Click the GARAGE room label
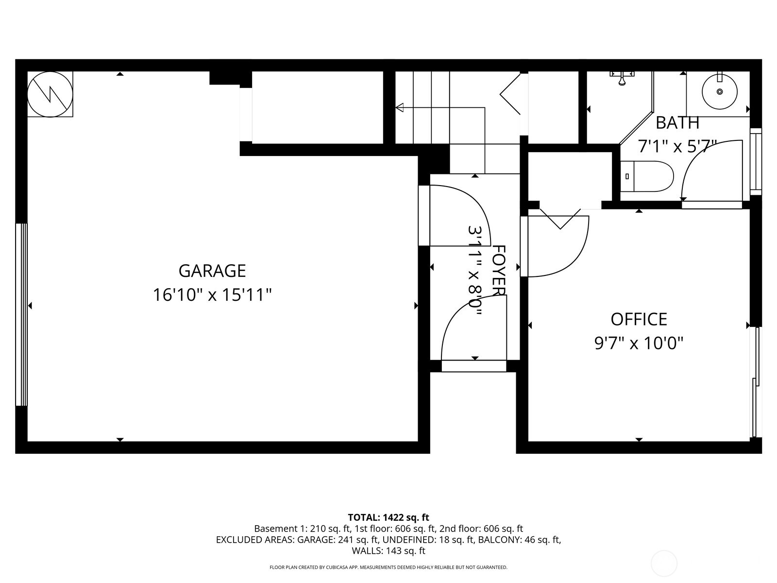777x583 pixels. (x=212, y=271)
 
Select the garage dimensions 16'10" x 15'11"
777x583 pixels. (x=212, y=295)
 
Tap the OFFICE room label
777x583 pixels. (x=639, y=319)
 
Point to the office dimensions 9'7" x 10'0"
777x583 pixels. (x=639, y=343)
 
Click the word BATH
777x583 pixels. (x=677, y=123)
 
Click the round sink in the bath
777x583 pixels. (x=719, y=91)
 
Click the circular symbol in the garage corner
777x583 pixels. (x=50, y=94)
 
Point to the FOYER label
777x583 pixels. (x=499, y=270)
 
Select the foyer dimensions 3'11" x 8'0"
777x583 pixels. (x=474, y=270)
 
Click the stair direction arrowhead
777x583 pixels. (x=400, y=107)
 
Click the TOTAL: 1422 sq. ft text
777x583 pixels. (x=388, y=517)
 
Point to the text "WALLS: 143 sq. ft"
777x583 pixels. (x=388, y=551)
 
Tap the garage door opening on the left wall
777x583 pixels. (x=21, y=314)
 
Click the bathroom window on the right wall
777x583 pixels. (x=756, y=161)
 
